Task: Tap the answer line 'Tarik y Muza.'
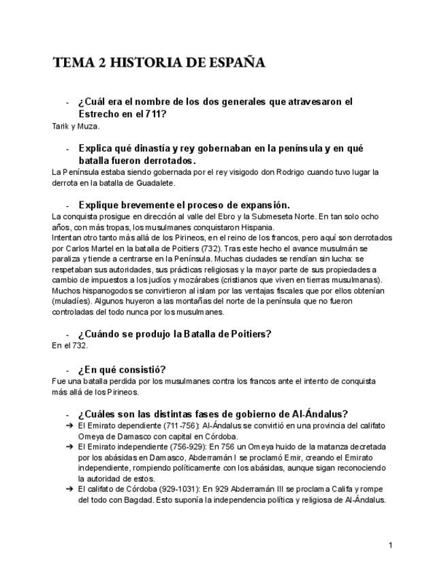pyautogui.click(x=76, y=126)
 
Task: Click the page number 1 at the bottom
pyautogui.click(x=391, y=545)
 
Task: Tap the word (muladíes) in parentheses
pyautogui.click(x=71, y=300)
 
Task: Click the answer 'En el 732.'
pyautogui.click(x=69, y=346)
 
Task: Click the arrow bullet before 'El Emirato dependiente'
pyautogui.click(x=69, y=426)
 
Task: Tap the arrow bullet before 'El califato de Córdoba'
pyautogui.click(x=69, y=489)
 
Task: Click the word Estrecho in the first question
pyautogui.click(x=101, y=114)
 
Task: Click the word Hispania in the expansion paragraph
pyautogui.click(x=254, y=227)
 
